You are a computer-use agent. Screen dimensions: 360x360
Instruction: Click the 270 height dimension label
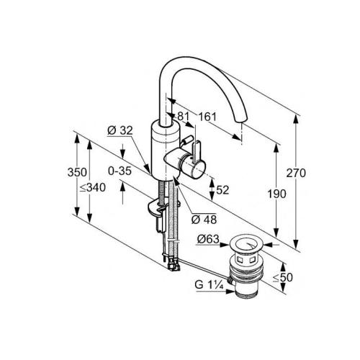click(x=296, y=173)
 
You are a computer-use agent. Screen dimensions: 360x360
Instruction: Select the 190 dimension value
click(x=277, y=194)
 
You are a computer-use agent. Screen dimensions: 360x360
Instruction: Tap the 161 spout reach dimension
click(x=207, y=117)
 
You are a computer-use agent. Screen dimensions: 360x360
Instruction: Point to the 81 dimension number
click(x=184, y=117)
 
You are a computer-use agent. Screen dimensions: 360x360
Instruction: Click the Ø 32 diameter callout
click(x=120, y=130)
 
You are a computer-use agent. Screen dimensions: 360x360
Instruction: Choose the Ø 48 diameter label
click(x=204, y=220)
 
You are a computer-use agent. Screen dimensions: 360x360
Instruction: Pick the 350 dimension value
click(x=77, y=172)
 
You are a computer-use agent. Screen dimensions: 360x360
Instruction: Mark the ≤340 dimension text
click(x=93, y=187)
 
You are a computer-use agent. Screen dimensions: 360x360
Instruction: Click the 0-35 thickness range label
click(x=120, y=171)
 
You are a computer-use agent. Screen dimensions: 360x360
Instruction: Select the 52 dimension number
click(x=222, y=190)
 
